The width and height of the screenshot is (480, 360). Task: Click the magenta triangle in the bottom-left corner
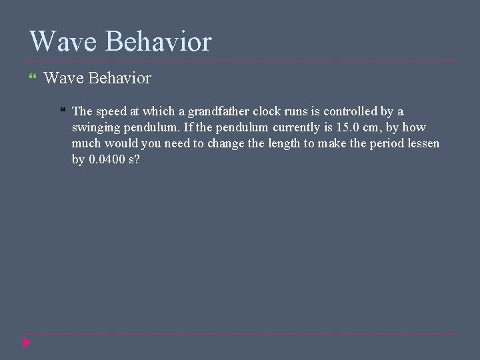tap(26, 343)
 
